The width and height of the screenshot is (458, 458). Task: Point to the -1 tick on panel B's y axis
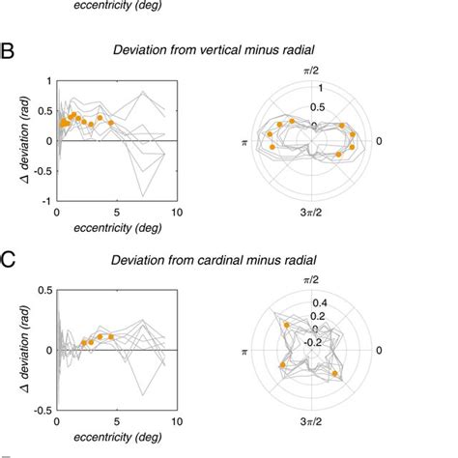tap(46, 201)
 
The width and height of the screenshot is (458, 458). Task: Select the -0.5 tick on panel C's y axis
tap(42, 411)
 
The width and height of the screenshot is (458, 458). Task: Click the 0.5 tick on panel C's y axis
tap(43, 289)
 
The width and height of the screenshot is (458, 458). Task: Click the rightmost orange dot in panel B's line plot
tap(110, 123)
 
